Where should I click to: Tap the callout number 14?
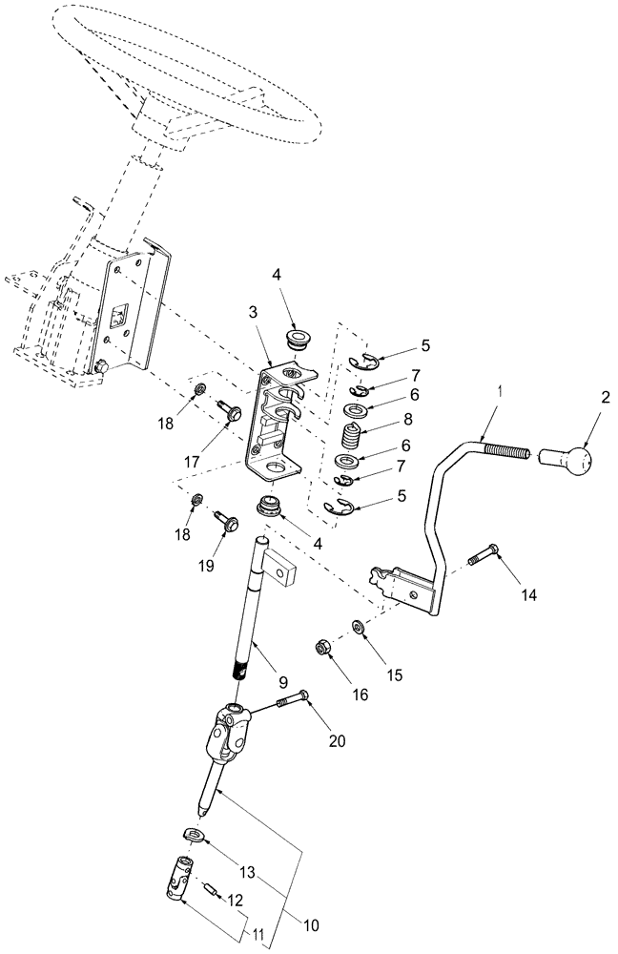[529, 594]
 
